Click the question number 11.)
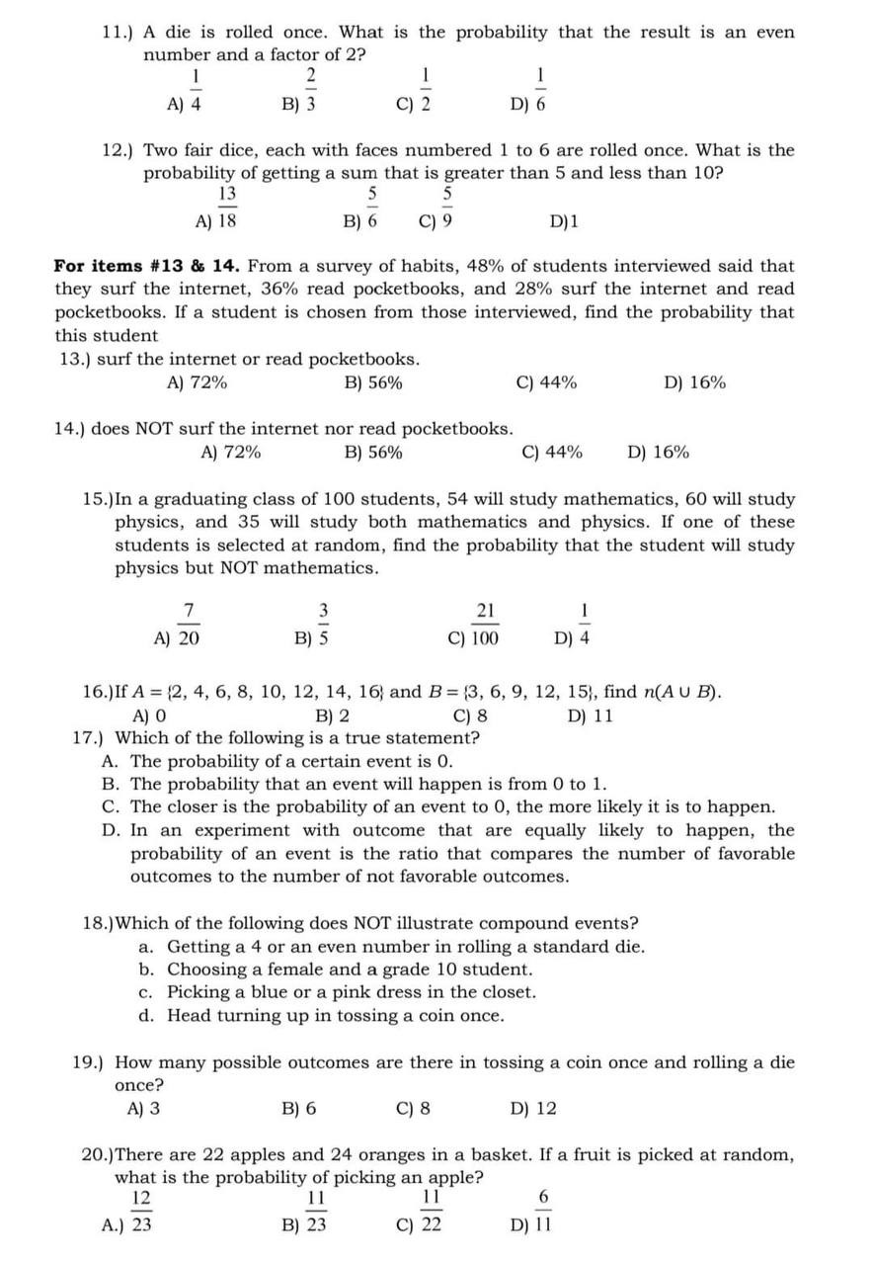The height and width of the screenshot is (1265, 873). (119, 33)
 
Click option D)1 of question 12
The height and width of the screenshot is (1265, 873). (564, 222)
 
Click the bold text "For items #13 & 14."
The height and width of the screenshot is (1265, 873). (148, 266)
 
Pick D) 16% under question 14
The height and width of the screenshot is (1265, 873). (659, 453)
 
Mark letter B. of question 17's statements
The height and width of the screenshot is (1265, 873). (112, 785)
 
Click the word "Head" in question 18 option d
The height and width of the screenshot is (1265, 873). (190, 1016)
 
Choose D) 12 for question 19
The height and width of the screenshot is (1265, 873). (533, 1109)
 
